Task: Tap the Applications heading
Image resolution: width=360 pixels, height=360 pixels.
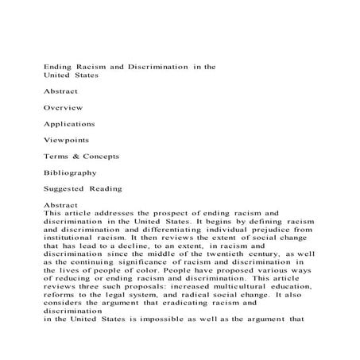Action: click(70, 124)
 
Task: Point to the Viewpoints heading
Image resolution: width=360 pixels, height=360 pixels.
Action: click(68, 141)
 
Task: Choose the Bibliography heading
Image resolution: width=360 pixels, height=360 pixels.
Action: click(71, 172)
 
